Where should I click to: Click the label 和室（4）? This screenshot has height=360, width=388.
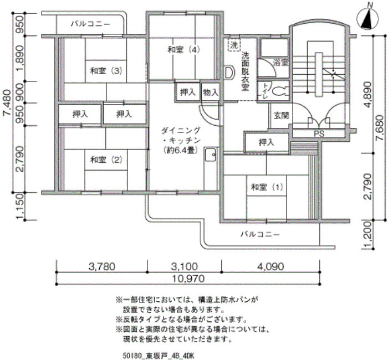pos(183,50)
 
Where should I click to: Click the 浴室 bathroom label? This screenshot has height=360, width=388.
pos(280,63)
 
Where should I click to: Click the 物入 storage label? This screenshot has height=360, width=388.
pos(210,92)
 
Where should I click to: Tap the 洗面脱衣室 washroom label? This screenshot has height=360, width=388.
pos(246,71)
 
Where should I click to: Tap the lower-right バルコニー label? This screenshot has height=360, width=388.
pos(260,234)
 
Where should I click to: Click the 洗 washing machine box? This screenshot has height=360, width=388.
pos(234,44)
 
